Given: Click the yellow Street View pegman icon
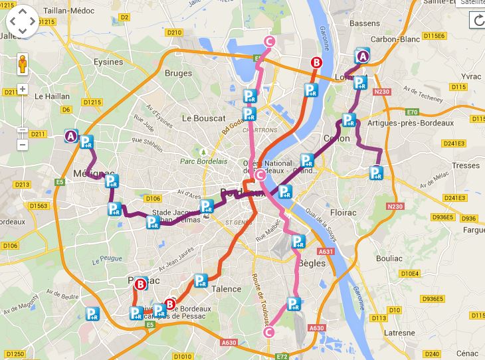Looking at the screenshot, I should point(23,64).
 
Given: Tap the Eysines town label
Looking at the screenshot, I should point(108,62).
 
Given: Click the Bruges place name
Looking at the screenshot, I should point(178,74).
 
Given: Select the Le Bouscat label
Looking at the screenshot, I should point(204,118).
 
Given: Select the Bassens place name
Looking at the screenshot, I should point(364,23).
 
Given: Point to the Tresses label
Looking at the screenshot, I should point(465,165).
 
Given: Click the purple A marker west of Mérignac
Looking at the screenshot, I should point(71,136).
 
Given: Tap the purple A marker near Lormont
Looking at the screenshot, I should point(363,57).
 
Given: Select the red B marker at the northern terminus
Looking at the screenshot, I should point(316,63).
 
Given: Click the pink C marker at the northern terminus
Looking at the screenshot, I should point(269,42).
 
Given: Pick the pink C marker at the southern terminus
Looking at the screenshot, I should point(269,332).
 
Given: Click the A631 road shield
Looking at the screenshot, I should point(326,252).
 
